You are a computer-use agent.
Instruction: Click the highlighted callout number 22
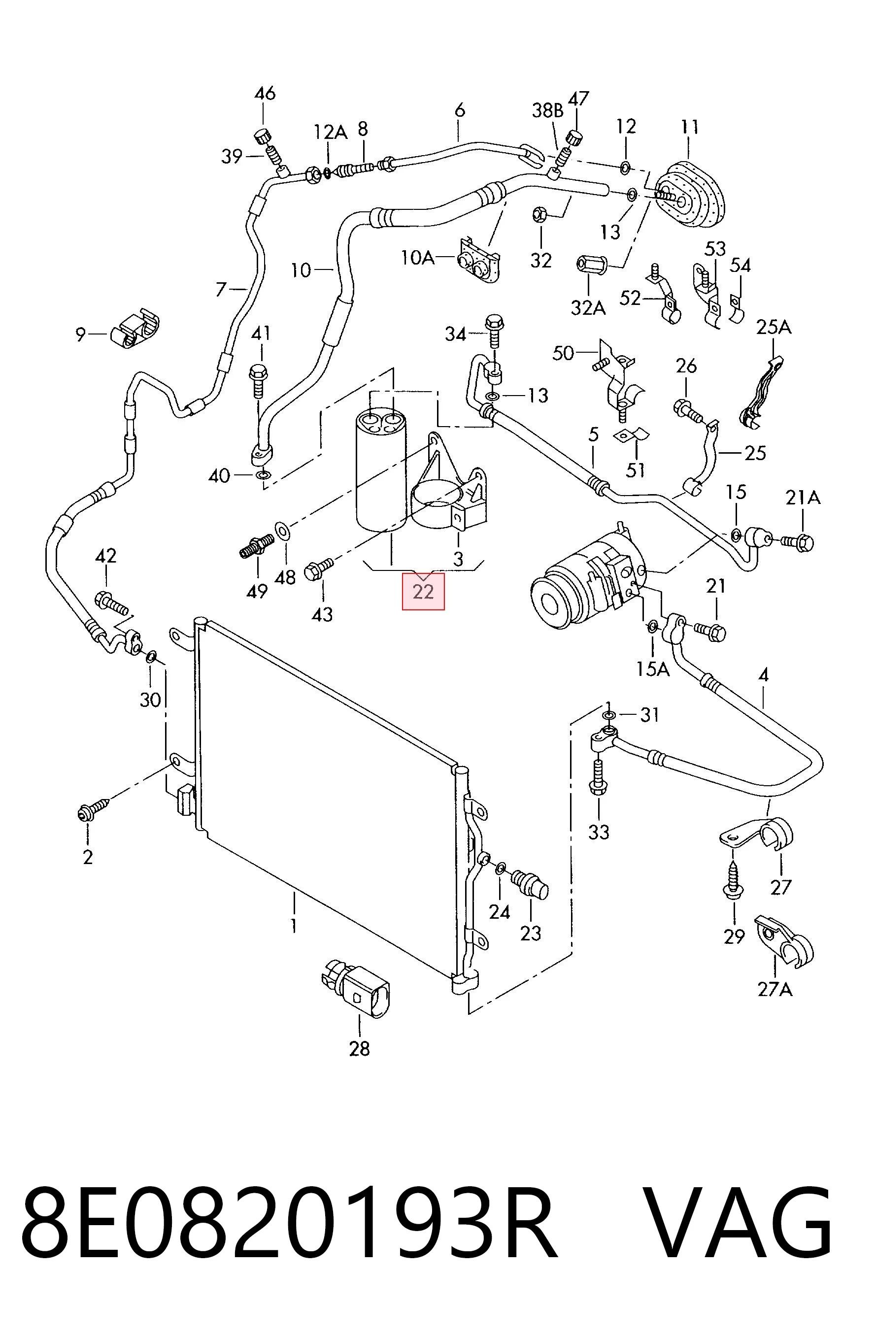[423, 591]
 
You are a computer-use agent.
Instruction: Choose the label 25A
[774, 327]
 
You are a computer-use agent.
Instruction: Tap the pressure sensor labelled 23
[531, 884]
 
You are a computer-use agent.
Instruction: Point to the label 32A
[588, 307]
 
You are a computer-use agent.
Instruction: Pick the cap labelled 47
[575, 137]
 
